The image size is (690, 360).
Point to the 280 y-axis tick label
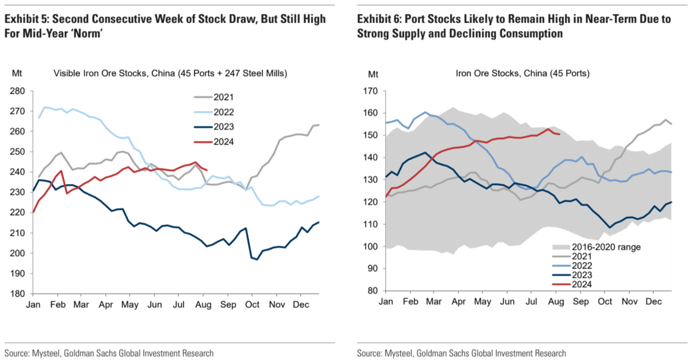point(18,91)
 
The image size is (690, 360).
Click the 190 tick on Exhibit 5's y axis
point(18,274)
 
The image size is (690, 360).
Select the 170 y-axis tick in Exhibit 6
point(370,91)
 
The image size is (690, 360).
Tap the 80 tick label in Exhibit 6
point(373,291)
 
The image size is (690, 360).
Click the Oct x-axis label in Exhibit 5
point(252,305)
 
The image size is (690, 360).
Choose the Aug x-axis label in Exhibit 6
point(556,302)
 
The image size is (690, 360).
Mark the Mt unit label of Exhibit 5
point(17,74)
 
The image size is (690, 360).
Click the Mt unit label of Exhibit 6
point(373,74)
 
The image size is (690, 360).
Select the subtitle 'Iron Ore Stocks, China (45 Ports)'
point(522,74)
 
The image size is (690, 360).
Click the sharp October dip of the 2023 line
point(257,260)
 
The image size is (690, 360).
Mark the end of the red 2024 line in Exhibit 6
point(560,134)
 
